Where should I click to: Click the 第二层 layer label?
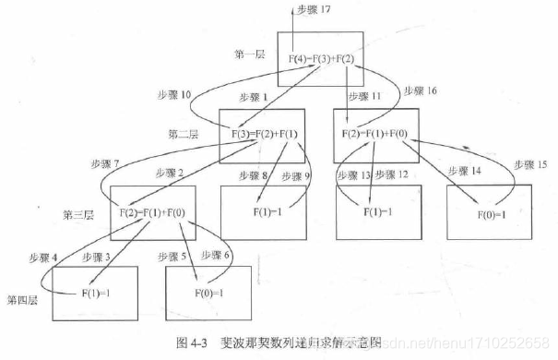pyautogui.click(x=183, y=133)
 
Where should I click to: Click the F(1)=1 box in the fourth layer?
pyautogui.click(x=95, y=293)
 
